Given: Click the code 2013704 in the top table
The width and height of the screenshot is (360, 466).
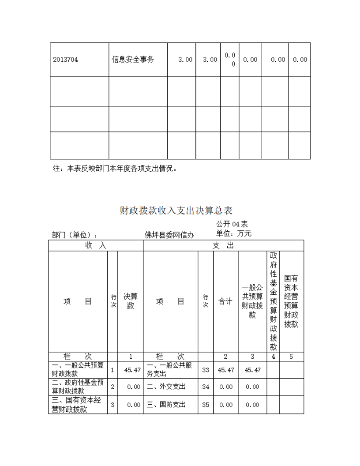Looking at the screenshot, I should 66,60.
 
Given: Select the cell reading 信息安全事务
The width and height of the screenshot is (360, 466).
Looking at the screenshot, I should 133,60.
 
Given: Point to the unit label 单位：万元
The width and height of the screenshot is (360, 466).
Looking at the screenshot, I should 234,233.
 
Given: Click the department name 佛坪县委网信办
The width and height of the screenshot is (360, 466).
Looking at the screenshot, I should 169,235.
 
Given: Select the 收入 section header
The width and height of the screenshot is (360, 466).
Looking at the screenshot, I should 96,245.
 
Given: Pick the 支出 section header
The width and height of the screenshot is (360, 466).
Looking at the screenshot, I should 223,245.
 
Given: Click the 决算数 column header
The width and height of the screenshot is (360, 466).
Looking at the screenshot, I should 131,301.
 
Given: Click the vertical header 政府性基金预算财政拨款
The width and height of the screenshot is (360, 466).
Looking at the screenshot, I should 273,301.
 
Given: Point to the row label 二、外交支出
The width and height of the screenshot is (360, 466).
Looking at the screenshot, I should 166,387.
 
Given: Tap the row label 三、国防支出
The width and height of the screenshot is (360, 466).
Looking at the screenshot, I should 166,405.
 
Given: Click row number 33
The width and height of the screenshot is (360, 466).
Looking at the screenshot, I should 206,370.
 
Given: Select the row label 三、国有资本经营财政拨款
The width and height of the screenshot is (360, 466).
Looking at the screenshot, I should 78,405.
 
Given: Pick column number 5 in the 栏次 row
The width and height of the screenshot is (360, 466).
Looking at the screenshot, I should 291,357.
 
